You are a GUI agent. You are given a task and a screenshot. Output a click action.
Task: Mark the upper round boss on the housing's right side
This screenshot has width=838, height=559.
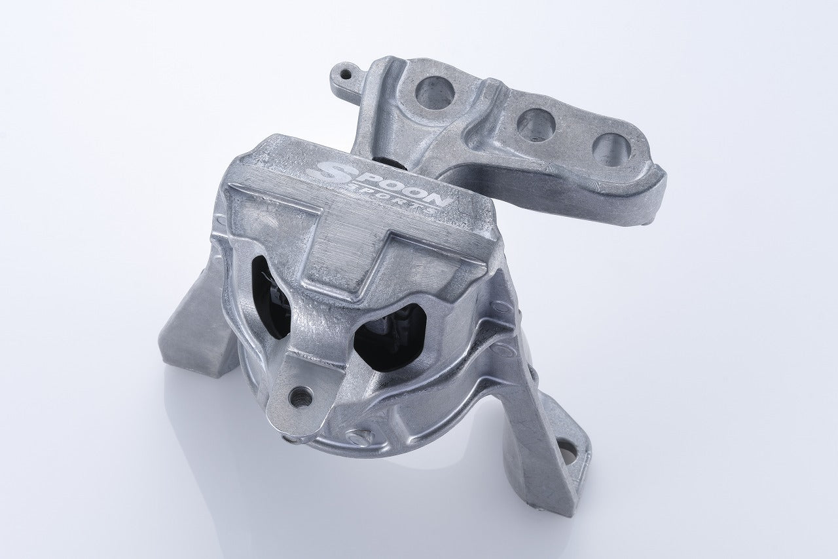(x=501, y=305)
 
